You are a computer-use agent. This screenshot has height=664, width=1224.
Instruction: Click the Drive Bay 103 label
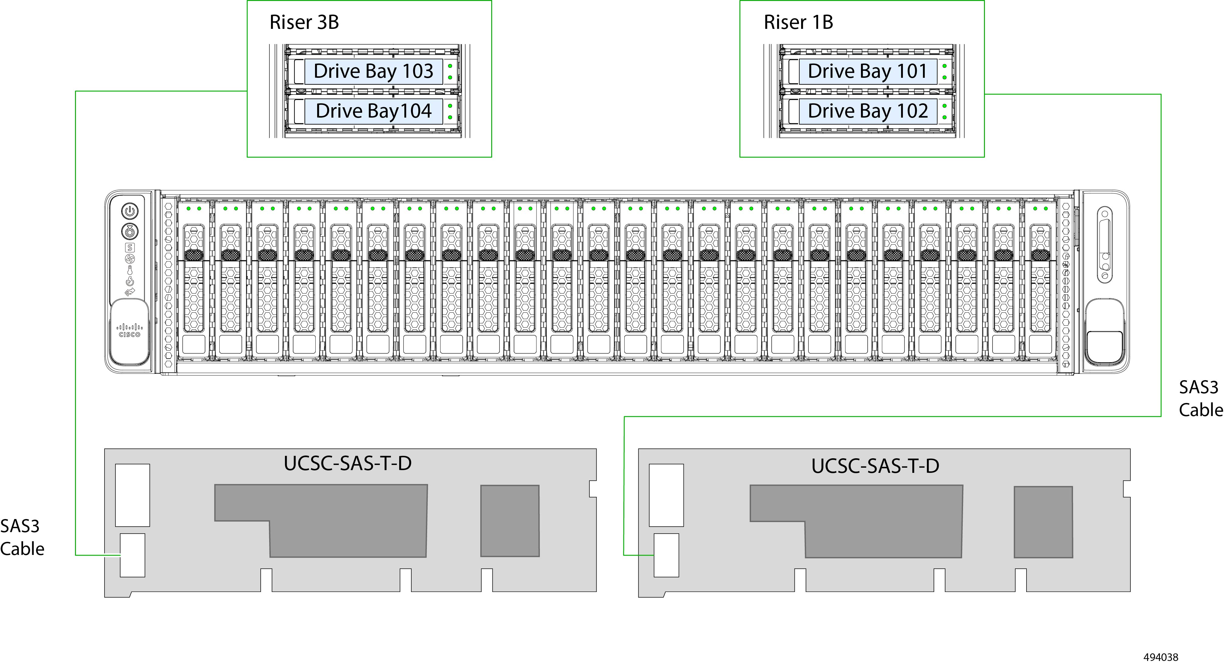(x=373, y=71)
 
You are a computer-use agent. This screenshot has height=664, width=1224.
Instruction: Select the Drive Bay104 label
(x=373, y=111)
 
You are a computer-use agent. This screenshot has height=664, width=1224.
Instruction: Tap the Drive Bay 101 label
(x=868, y=71)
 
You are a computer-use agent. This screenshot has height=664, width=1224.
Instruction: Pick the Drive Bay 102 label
(x=868, y=111)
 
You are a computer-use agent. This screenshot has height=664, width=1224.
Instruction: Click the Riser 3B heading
(x=304, y=22)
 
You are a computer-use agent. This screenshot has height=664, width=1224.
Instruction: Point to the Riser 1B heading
(x=798, y=22)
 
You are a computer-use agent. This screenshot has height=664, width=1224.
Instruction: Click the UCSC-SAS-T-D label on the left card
(x=347, y=463)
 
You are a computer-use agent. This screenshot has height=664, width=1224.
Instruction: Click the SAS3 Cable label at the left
(x=22, y=538)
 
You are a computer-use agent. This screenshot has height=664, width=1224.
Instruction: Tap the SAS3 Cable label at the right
(x=1200, y=399)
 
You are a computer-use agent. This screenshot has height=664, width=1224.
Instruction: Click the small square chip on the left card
(x=510, y=521)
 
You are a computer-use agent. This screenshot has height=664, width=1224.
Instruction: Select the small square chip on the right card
(x=1044, y=521)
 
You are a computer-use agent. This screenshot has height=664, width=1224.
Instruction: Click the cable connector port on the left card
(x=132, y=555)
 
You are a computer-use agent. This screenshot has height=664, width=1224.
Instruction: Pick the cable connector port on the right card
(x=666, y=555)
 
